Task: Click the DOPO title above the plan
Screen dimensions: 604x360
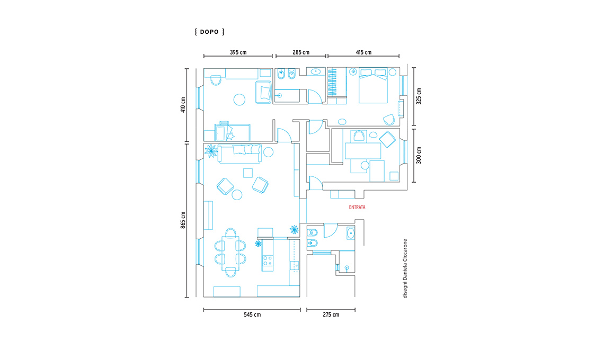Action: tap(210, 32)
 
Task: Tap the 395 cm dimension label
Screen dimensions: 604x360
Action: tap(238, 52)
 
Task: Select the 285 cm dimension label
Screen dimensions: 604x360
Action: tap(301, 52)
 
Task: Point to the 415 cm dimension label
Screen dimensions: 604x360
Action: tap(363, 52)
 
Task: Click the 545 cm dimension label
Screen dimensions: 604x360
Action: tap(252, 314)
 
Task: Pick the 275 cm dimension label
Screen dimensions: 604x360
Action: tap(331, 314)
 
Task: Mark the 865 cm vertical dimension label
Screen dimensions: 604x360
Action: tap(183, 220)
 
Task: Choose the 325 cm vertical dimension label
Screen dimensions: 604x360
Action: tap(419, 96)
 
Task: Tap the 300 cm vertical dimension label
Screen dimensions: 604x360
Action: tap(419, 155)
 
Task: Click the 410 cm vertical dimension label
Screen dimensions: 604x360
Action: tap(183, 105)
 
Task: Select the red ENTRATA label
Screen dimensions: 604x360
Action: tap(357, 207)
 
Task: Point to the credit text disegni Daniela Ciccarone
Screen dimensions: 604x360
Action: tap(405, 268)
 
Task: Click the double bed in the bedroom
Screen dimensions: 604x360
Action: tap(373, 86)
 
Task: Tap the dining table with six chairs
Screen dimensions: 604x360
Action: tap(230, 252)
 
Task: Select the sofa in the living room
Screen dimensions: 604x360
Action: tap(239, 154)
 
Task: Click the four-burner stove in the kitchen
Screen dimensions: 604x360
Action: tap(268, 261)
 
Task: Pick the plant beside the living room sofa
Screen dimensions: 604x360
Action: tap(211, 150)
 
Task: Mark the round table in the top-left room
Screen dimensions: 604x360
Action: tap(239, 100)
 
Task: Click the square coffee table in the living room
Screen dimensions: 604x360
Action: tap(247, 173)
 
